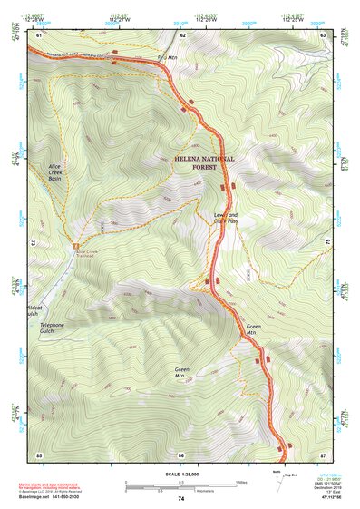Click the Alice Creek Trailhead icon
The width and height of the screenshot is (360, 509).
76,245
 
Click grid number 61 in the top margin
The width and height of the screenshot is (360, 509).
41,34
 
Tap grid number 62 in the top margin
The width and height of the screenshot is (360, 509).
183,34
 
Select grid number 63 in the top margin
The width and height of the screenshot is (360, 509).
324,34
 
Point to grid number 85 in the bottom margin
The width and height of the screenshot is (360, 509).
39,455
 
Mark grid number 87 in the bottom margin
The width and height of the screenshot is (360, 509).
323,455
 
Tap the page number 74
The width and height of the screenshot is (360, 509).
181,499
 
